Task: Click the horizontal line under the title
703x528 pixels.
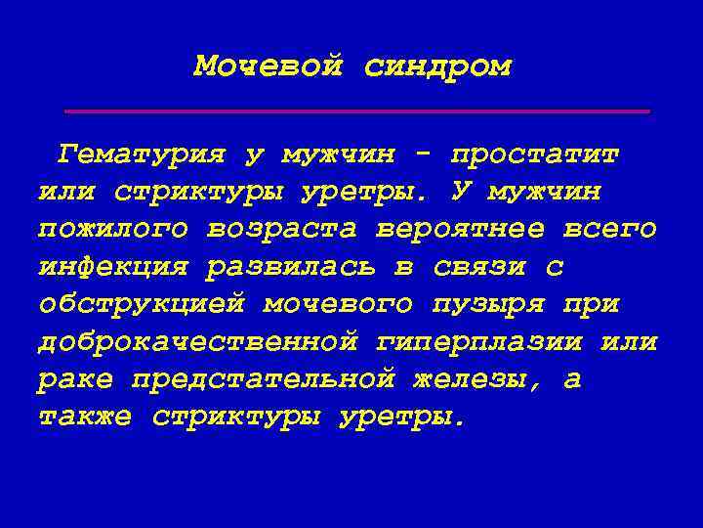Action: [356, 111]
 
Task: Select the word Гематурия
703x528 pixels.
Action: [142, 154]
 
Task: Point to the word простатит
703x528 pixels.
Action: [535, 154]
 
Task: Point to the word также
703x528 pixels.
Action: [86, 418]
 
